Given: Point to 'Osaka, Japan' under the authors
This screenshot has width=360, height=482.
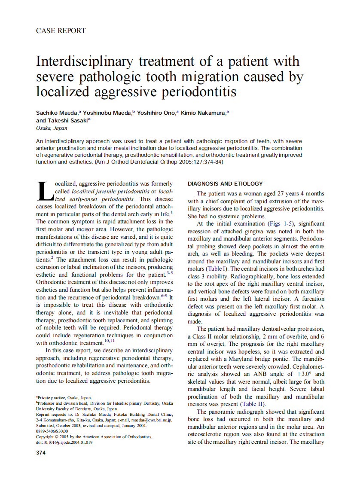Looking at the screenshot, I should [48, 128].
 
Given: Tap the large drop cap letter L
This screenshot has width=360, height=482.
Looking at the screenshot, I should [45, 192].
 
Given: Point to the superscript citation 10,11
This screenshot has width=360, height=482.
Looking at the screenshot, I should [109, 341].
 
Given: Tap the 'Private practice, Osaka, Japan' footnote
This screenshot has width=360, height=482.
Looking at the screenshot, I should [64, 398].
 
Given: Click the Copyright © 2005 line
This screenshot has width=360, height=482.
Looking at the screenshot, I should [94, 436].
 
